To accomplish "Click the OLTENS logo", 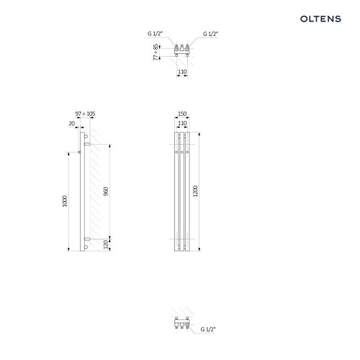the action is coord(320,19).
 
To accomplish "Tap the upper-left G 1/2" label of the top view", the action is coord(155,34).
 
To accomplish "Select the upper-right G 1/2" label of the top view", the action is coord(210,34).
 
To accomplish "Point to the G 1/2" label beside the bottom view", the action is coord(208,330).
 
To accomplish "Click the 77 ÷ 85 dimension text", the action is coord(156,52).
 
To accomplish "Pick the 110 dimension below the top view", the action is coord(182,72).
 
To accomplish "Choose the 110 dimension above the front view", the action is coord(182,123).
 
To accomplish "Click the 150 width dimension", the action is coord(182,114).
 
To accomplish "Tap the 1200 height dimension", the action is coord(195,192).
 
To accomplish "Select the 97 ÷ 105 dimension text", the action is coord(85,114).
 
